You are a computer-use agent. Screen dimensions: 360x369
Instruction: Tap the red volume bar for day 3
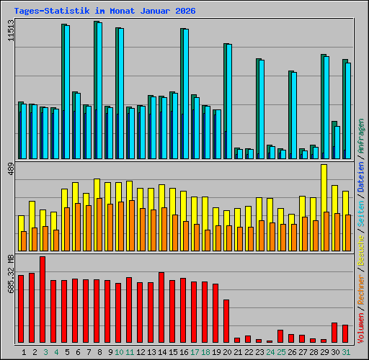coord(43,300)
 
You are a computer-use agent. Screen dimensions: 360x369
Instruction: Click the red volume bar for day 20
coord(226,321)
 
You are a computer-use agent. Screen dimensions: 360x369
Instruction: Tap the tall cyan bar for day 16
coord(185,94)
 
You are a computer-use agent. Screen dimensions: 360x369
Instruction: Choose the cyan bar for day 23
coord(261,109)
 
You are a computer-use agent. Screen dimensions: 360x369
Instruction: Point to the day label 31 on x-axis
coord(346,352)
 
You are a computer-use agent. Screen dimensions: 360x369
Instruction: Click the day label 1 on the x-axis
coord(25,352)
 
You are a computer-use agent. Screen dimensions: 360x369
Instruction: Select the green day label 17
coord(195,352)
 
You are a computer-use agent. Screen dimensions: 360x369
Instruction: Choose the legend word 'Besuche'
coord(360,248)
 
